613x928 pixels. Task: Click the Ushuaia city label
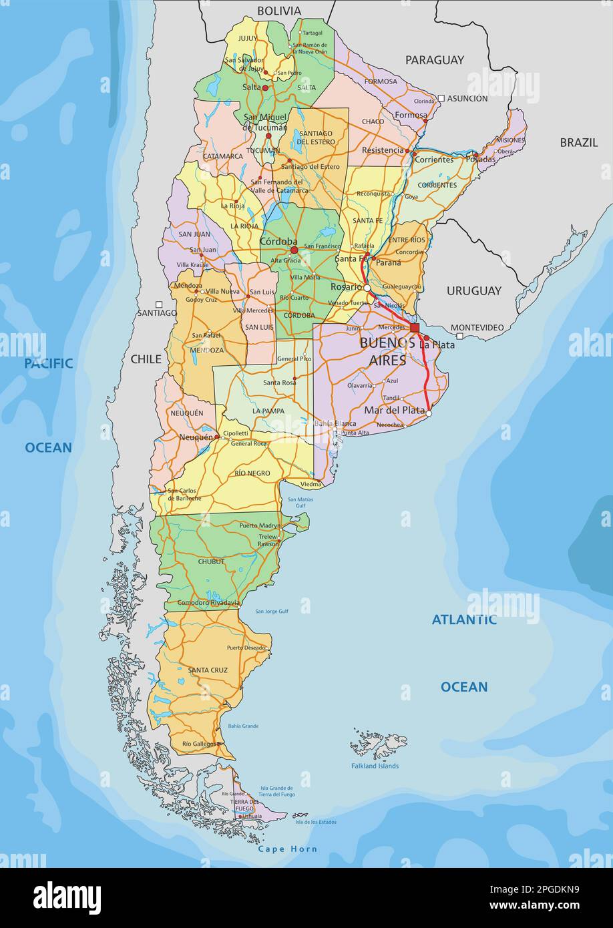click(x=252, y=816)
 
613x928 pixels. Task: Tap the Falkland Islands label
click(x=375, y=766)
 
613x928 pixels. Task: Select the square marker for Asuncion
click(x=441, y=98)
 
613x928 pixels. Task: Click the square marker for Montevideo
click(x=459, y=336)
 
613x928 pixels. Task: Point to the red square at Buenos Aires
click(x=415, y=328)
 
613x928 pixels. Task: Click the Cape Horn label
click(x=288, y=849)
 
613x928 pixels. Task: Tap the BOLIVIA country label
click(x=279, y=11)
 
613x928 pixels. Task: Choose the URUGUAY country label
click(x=473, y=290)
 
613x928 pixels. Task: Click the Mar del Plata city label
click(x=394, y=411)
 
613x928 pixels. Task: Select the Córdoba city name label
click(x=278, y=242)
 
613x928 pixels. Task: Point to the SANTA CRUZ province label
click(x=208, y=670)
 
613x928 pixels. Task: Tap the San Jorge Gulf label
click(x=272, y=611)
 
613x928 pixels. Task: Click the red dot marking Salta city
click(x=265, y=87)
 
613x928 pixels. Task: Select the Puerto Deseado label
click(x=244, y=648)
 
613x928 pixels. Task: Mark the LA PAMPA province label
click(x=268, y=411)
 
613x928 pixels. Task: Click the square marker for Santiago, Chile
click(x=159, y=304)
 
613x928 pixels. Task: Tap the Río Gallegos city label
click(x=199, y=744)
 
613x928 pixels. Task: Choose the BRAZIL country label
click(x=578, y=142)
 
